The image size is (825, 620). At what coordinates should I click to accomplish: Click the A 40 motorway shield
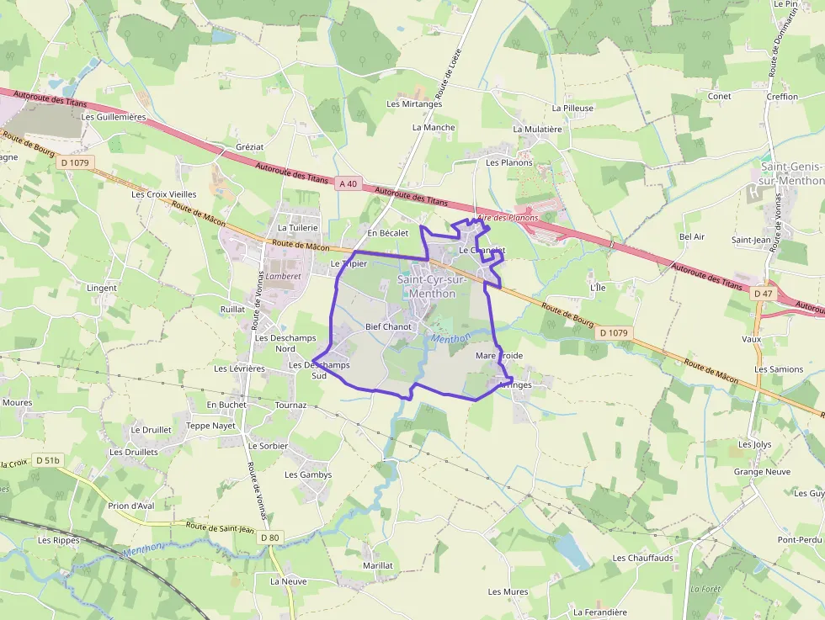click(349, 183)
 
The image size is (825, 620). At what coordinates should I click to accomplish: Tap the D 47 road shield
click(764, 293)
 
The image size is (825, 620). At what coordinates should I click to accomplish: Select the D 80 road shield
click(269, 538)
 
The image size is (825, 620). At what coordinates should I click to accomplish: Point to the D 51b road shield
click(47, 460)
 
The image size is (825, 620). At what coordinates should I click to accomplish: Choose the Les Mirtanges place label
click(414, 103)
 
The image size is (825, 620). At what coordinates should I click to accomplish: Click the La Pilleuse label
click(572, 109)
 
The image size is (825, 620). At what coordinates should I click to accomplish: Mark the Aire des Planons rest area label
click(507, 218)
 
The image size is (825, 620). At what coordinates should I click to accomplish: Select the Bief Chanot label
click(388, 326)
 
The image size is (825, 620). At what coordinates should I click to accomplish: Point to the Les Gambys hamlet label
click(308, 474)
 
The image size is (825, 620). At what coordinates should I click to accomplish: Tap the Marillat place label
click(378, 565)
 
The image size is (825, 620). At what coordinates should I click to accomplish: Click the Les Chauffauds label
click(642, 558)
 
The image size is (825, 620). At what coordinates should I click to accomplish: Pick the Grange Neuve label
click(762, 472)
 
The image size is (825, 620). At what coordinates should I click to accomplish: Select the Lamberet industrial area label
click(283, 275)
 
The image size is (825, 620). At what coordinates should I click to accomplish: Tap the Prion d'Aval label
click(131, 506)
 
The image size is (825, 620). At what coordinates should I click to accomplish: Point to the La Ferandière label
click(600, 612)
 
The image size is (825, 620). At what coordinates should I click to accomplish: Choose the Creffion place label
click(782, 97)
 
